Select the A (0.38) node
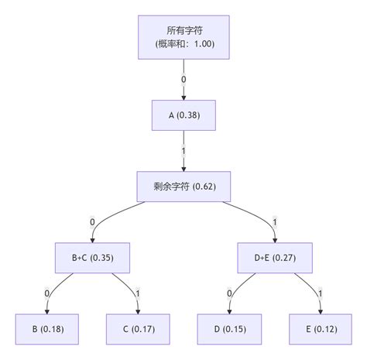pyautogui.click(x=183, y=115)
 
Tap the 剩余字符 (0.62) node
pyautogui.click(x=183, y=186)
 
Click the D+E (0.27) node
pyautogui.click(x=275, y=257)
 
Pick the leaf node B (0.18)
pyautogui.click(x=46, y=328)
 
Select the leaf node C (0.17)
pyautogui.click(x=138, y=328)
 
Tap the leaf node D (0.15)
pyautogui.click(x=229, y=328)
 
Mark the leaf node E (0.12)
pyautogui.click(x=321, y=328)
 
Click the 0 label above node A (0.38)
pyautogui.click(x=183, y=79)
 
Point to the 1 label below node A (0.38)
pyautogui.click(x=183, y=150)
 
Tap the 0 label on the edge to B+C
pyautogui.click(x=92, y=221)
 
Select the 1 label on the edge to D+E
pyautogui.click(x=275, y=221)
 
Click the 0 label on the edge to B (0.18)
pyautogui.click(x=46, y=293)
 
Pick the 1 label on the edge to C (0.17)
pyautogui.click(x=138, y=293)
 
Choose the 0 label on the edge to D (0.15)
pyautogui.click(x=229, y=293)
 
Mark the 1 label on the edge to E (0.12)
pyautogui.click(x=321, y=293)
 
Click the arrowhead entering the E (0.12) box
pyautogui.click(x=321, y=310)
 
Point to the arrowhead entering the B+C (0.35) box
pyautogui.click(x=92, y=238)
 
